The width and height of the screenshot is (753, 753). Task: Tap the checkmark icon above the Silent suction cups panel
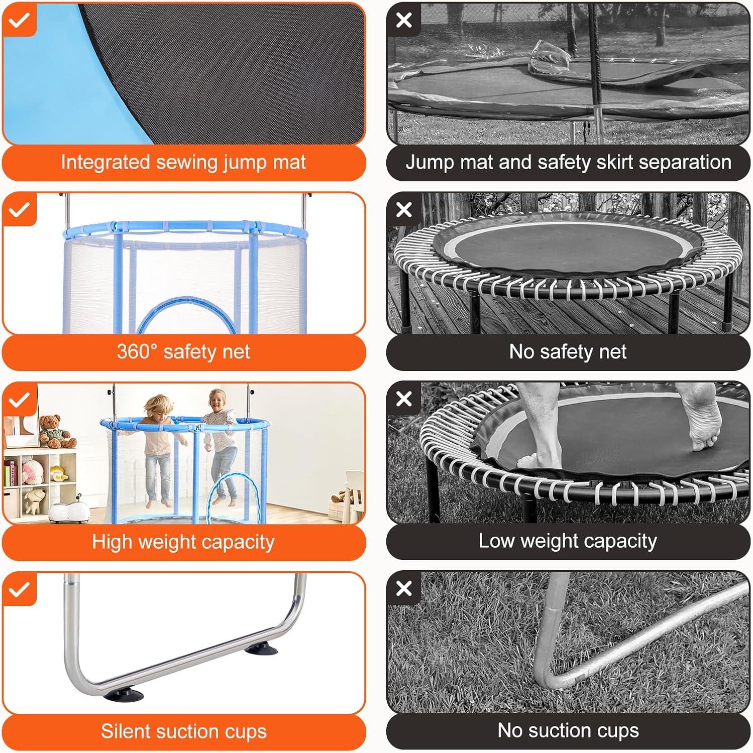[19, 589]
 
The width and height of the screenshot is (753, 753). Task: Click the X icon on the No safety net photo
[404, 209]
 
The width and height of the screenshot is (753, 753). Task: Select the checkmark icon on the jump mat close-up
[19, 20]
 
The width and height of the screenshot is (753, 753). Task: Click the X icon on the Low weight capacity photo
[404, 399]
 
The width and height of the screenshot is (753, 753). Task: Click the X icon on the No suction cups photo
[404, 588]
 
